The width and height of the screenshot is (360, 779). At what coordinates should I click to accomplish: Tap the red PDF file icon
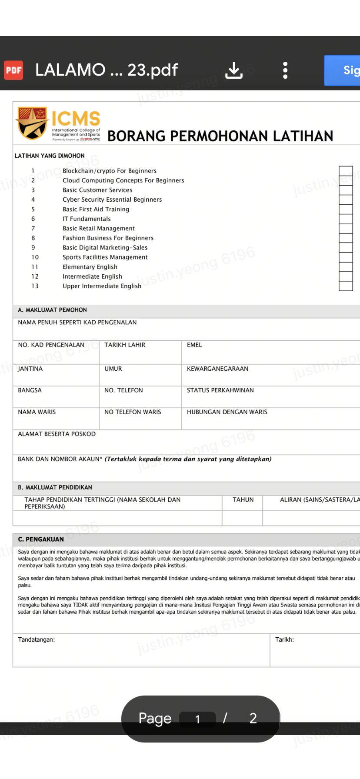pos(13,70)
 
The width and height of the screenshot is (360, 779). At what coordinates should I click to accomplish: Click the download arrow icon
pos(234,70)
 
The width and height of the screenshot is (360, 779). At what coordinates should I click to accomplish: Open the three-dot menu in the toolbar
pos(285,70)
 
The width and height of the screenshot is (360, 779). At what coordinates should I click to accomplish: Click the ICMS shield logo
pos(32,123)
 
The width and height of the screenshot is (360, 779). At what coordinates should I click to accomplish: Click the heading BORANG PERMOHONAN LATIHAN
pos(220,136)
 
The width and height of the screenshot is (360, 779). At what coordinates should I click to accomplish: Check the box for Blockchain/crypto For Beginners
pos(346,171)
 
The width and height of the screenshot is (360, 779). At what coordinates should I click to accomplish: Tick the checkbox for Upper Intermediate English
pos(346,286)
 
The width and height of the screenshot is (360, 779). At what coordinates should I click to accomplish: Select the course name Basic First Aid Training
pos(96,209)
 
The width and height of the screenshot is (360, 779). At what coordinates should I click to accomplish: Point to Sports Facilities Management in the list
pos(105,257)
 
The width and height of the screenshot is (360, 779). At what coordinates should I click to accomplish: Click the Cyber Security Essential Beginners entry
pos(112,200)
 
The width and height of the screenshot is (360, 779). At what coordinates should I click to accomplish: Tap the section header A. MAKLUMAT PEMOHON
pos(52,310)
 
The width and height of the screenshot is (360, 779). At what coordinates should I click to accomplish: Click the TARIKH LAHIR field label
pos(125,345)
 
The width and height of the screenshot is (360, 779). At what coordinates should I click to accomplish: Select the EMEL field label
pos(194,345)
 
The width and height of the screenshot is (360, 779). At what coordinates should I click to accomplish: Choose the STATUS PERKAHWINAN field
pos(220,390)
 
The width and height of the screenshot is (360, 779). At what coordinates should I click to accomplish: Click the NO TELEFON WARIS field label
pos(133,412)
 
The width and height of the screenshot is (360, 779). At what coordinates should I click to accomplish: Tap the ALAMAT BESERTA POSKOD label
pos(57,434)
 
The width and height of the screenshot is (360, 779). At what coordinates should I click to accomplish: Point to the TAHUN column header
pos(243,500)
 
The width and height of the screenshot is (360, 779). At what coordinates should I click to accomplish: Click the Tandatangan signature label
pos(36,639)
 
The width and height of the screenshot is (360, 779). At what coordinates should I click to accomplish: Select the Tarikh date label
pos(284,639)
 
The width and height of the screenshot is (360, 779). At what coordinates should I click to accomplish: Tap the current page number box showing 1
pos(197,719)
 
